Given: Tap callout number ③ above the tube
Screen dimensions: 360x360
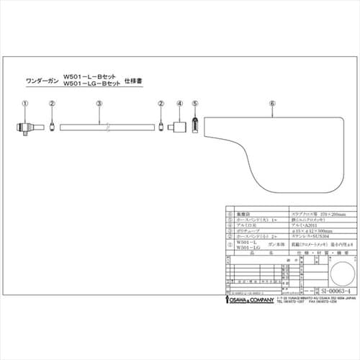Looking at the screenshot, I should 99,104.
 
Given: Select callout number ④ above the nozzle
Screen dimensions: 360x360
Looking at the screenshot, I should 178,104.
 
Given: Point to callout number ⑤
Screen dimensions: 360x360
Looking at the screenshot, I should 194,104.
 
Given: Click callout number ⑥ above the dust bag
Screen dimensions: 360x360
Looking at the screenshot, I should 271,104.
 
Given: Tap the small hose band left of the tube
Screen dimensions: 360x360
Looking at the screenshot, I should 53,127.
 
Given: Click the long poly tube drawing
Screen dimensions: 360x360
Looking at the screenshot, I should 106,127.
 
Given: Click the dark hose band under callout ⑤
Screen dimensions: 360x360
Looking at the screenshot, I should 194,127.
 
